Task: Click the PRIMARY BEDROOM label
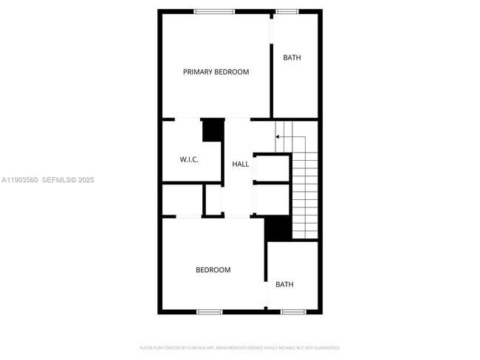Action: coord(216,72)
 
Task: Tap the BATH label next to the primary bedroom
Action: coord(292,58)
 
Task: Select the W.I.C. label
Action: coord(189,159)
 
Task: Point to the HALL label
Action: coord(241,164)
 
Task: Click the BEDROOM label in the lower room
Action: coord(213,270)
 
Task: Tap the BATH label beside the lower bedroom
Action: coord(284,285)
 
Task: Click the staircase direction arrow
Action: coord(279,136)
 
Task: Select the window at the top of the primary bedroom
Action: coord(214,11)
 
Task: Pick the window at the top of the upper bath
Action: coord(287,11)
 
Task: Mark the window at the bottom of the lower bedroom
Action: coord(209,312)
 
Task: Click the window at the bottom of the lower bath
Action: coord(293,312)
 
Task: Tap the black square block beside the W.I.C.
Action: coord(213,131)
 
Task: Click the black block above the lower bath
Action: coord(278,229)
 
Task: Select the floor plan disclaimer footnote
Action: coord(239,347)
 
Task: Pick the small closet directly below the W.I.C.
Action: coord(182,200)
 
